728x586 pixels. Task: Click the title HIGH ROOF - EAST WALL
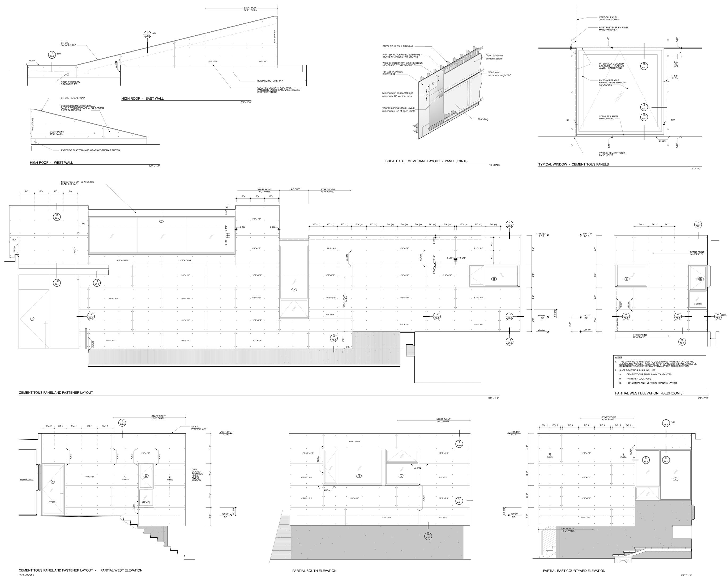pyautogui.click(x=142, y=99)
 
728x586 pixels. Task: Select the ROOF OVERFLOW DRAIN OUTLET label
pyautogui.click(x=71, y=83)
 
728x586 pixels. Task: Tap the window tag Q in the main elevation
pyautogui.click(x=161, y=221)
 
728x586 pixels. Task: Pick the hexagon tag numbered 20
pyautogui.click(x=53, y=482)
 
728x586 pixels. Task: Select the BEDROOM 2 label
pyautogui.click(x=27, y=479)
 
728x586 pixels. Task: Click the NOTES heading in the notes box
pyautogui.click(x=618, y=357)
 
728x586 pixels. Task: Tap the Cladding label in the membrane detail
pyautogui.click(x=483, y=119)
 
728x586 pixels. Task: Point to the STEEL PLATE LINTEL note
pyautogui.click(x=78, y=183)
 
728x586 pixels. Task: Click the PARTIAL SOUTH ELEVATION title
pyautogui.click(x=314, y=571)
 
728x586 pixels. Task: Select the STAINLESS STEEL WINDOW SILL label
pyautogui.click(x=609, y=117)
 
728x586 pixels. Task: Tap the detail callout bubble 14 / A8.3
pyautogui.click(x=148, y=34)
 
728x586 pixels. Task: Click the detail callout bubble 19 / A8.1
pyautogui.click(x=334, y=338)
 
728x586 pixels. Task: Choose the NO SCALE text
pyautogui.click(x=494, y=165)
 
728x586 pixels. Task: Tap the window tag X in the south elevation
pyautogui.click(x=359, y=476)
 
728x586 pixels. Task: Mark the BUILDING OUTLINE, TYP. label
pyautogui.click(x=270, y=81)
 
